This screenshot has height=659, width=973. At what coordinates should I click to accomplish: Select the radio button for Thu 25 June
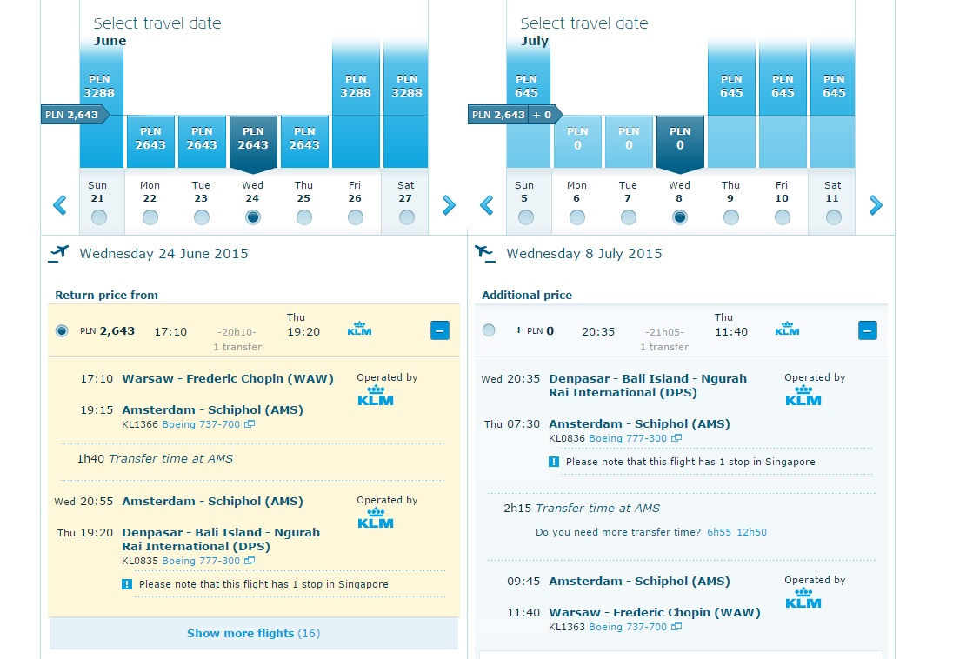(304, 217)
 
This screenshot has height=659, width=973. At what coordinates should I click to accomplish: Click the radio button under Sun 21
(98, 217)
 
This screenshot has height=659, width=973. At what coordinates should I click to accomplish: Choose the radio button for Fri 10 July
(783, 217)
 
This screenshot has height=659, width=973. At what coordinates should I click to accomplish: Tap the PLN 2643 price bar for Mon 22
(150, 142)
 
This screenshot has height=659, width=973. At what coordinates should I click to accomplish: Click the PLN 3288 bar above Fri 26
(356, 103)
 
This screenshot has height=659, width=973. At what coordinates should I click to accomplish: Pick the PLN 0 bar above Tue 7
(629, 142)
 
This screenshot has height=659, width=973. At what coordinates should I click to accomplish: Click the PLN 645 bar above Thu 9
(731, 103)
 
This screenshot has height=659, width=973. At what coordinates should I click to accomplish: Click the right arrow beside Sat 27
(449, 205)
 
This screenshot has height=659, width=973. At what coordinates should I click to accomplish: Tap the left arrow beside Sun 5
(487, 205)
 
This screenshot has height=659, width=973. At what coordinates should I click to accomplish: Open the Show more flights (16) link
(253, 633)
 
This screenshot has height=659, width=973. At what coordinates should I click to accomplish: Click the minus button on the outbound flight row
(440, 330)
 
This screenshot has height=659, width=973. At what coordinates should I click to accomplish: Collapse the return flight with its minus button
(868, 330)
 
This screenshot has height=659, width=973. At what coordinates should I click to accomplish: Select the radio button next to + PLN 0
(489, 330)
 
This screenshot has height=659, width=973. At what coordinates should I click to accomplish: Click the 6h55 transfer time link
(719, 532)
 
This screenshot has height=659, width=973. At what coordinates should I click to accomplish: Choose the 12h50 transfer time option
(751, 532)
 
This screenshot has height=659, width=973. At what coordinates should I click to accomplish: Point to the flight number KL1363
(567, 627)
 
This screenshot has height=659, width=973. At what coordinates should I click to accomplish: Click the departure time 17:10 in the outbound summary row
(170, 331)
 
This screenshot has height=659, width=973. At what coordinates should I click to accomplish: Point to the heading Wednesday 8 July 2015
(584, 253)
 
